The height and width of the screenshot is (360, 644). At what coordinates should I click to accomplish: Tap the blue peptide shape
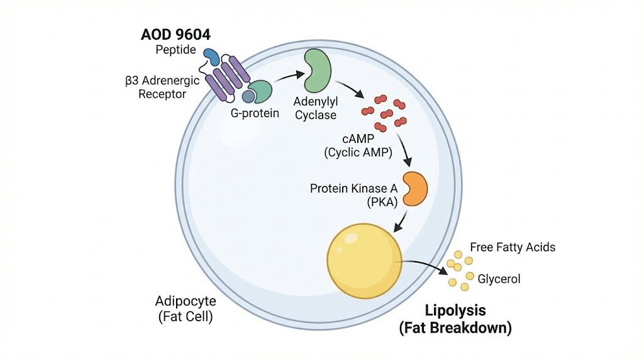click(211, 57)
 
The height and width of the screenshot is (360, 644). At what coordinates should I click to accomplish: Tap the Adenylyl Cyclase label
click(315, 108)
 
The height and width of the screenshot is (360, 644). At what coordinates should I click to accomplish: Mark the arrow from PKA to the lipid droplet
click(399, 220)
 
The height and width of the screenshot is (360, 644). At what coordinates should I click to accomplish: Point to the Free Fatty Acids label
click(513, 247)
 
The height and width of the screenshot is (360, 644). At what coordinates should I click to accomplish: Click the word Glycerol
click(499, 279)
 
